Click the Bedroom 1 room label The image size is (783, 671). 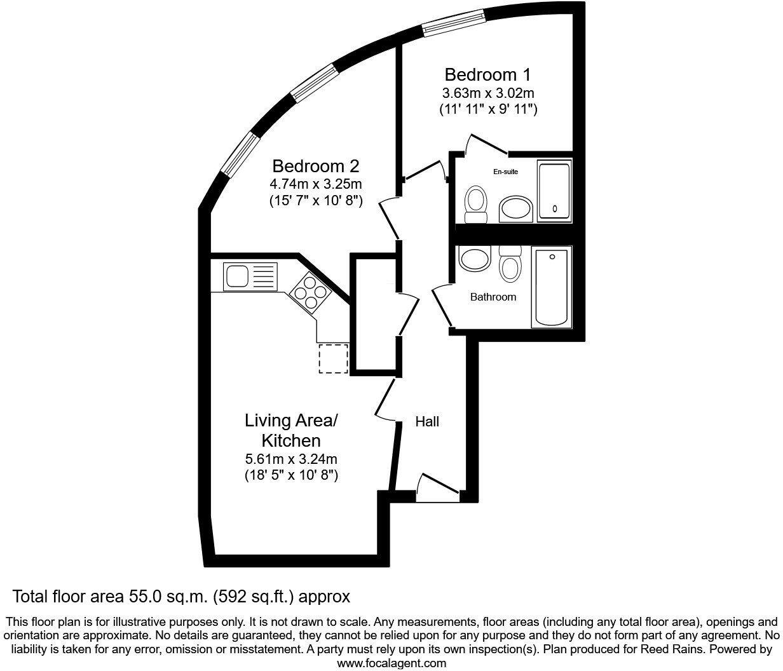pyautogui.click(x=487, y=74)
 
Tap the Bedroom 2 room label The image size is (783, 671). pyautogui.click(x=316, y=166)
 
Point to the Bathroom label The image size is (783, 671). pyautogui.click(x=493, y=297)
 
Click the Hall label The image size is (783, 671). pyautogui.click(x=427, y=421)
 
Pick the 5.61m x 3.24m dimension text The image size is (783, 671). pyautogui.click(x=291, y=459)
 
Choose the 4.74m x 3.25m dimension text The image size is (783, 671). pyautogui.click(x=316, y=185)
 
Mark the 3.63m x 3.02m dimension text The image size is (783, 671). pyautogui.click(x=488, y=93)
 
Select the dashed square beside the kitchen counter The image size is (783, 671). pyautogui.click(x=334, y=358)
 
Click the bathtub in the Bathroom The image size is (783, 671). pyautogui.click(x=552, y=287)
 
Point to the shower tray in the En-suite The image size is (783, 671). pyautogui.click(x=555, y=191)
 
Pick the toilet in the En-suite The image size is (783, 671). pyautogui.click(x=475, y=205)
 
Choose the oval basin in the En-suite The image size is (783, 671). pyautogui.click(x=515, y=208)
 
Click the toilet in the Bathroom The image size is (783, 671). pyautogui.click(x=510, y=264)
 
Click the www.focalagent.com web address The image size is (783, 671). pyautogui.click(x=391, y=663)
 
